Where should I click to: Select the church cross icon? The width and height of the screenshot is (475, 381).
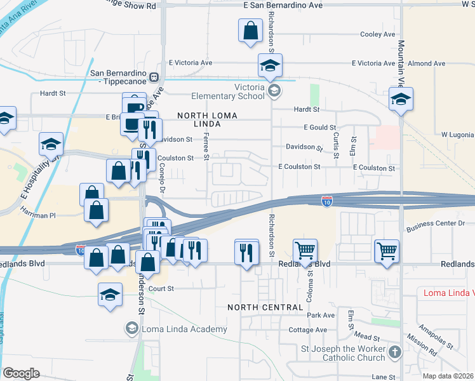394,351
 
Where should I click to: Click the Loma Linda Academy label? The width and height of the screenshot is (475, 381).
184,329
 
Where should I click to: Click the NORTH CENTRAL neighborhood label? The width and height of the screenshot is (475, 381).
265,307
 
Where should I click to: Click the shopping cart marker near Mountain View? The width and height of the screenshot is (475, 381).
386,251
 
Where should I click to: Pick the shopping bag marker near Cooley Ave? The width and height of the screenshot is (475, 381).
251,30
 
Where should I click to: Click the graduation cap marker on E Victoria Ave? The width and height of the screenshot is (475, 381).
270,65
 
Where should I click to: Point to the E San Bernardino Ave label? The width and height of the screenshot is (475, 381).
283,5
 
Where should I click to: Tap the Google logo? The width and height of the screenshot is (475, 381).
22,373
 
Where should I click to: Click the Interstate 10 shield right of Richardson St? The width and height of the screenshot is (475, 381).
326,201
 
